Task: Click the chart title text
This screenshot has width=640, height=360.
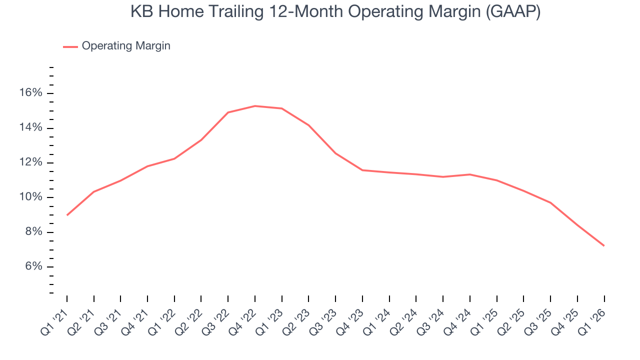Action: [335, 12]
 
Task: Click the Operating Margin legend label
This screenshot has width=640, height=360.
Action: [126, 46]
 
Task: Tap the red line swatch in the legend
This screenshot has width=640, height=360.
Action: [70, 46]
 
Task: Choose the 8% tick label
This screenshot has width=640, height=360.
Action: [34, 232]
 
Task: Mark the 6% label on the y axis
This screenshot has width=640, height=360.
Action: [34, 266]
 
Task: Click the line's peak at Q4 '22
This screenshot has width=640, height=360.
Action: [255, 106]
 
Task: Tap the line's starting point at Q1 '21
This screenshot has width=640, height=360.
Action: [67, 215]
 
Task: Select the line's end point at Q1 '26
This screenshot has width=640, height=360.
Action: [604, 245]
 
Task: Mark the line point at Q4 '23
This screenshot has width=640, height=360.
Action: [362, 170]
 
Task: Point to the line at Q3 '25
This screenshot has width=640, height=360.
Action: [550, 202]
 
